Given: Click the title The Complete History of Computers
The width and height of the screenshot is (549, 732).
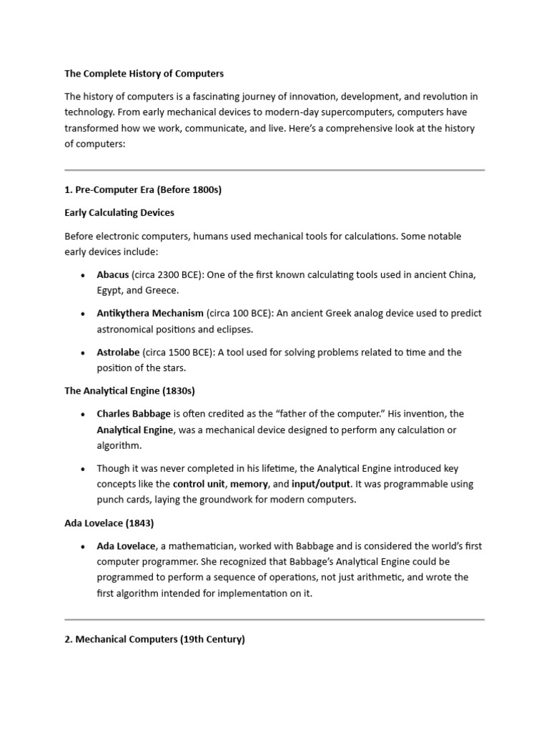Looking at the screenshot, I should (144, 74).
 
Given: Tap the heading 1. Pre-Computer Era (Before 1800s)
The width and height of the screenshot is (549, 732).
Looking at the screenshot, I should (144, 190).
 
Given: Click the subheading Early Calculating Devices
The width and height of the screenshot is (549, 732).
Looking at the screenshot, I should (119, 212).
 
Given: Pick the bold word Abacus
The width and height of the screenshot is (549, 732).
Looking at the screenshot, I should (113, 274).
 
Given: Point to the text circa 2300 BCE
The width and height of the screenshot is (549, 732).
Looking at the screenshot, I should (166, 274).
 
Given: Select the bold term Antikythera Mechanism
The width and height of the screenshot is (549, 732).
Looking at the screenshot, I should (150, 313).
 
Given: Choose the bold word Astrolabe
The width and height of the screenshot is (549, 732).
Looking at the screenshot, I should (118, 352).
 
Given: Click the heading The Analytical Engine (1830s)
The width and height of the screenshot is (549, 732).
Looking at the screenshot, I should (129, 391).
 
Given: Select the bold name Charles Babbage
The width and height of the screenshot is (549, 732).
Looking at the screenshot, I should (134, 414).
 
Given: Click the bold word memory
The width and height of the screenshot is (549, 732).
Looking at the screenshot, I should (249, 484).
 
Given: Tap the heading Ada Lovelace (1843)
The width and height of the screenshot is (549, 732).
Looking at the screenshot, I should (109, 523).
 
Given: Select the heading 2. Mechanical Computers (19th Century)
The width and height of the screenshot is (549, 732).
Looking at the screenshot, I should (154, 640).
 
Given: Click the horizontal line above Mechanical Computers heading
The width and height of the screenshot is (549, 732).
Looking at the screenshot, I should (274, 619).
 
